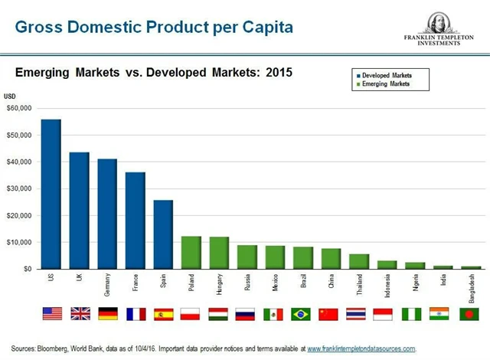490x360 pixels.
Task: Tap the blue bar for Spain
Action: tap(163, 234)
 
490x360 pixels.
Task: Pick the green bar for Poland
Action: tap(191, 252)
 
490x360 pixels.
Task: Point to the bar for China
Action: tap(331, 258)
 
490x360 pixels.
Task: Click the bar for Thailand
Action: tap(359, 261)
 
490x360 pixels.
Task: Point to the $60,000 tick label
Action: tap(18, 108)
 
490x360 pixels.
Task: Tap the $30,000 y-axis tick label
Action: tap(18, 188)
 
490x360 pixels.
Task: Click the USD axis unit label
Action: tap(10, 97)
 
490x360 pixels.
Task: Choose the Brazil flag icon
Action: tap(302, 314)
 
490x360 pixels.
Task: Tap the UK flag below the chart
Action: tap(80, 314)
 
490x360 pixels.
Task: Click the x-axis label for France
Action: tap(136, 284)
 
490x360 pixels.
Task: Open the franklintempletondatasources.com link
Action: tap(361, 349)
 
